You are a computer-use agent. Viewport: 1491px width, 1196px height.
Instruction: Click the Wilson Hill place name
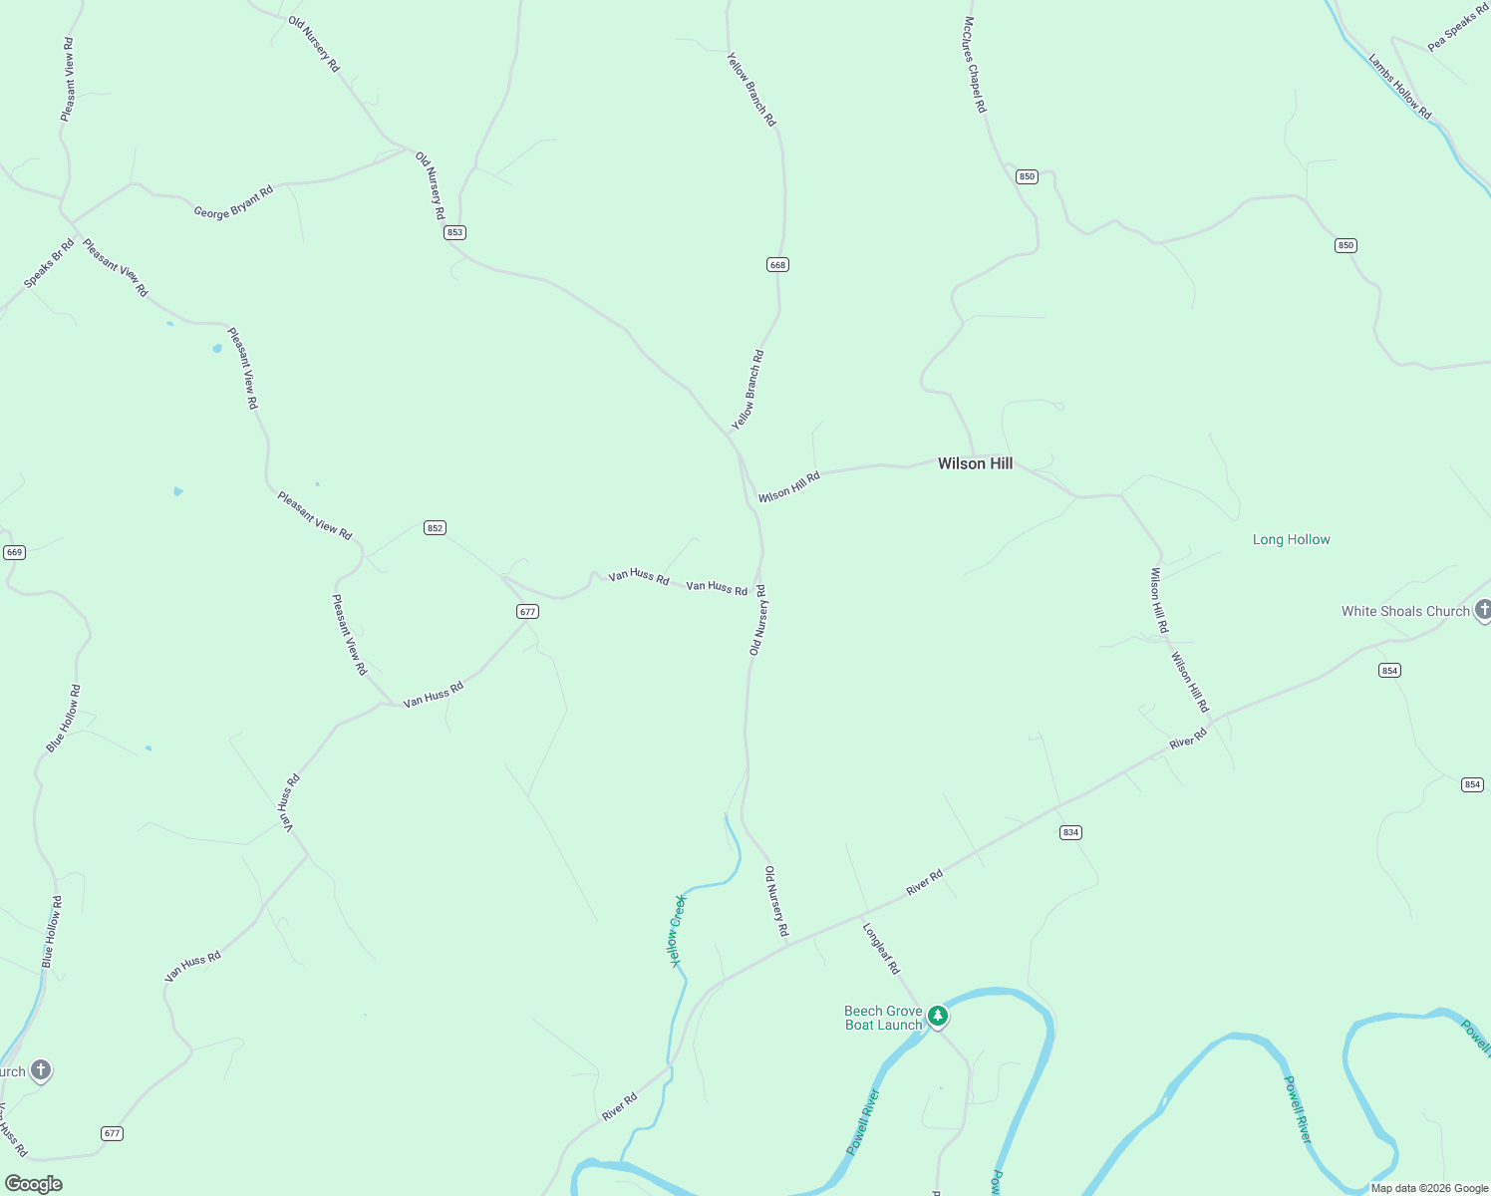(x=975, y=463)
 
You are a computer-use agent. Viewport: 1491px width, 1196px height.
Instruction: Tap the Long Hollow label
(x=1291, y=539)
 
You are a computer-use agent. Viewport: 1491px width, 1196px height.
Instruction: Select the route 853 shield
(x=454, y=232)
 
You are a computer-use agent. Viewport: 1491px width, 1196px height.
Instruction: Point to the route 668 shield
(x=777, y=264)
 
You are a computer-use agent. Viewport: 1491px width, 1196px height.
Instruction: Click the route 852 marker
(x=435, y=527)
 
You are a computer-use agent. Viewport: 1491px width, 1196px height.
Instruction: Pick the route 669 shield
(x=14, y=552)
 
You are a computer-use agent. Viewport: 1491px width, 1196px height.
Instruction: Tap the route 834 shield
(x=1070, y=832)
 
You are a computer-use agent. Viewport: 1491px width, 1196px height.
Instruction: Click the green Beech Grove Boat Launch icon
(x=937, y=1016)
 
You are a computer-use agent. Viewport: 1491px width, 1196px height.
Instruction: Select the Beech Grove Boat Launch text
(x=883, y=1018)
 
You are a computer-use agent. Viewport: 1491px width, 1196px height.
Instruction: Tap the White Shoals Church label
(x=1405, y=611)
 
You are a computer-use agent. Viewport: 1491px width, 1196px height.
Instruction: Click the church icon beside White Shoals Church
(x=1483, y=611)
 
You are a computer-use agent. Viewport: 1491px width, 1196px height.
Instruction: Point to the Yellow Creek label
(x=677, y=930)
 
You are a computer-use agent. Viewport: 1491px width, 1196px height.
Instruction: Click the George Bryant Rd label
(x=233, y=202)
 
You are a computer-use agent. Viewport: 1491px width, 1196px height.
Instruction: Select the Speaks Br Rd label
(x=49, y=263)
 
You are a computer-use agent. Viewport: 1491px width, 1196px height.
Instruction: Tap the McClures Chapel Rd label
(x=975, y=65)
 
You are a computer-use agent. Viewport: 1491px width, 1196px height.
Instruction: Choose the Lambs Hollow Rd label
(x=1399, y=87)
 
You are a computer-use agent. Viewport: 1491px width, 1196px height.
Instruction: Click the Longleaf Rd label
(x=881, y=948)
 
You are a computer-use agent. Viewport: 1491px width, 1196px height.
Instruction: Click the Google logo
(x=33, y=1184)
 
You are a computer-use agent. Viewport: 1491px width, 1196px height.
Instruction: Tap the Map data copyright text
(x=1429, y=1188)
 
